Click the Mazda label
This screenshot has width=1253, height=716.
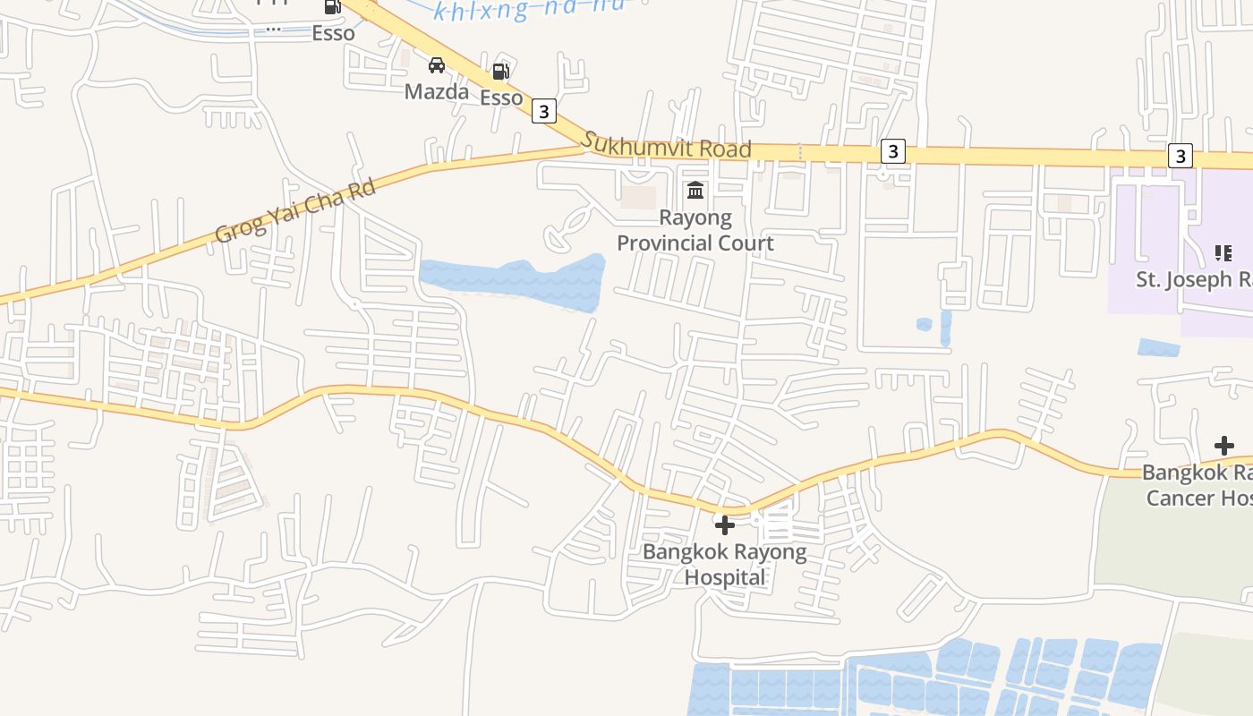coord(437,91)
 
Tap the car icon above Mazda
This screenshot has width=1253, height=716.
coord(437,65)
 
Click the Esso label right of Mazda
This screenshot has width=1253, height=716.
coord(501,98)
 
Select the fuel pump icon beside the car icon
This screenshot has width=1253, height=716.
coord(501,72)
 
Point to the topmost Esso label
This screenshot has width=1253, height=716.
coord(333,33)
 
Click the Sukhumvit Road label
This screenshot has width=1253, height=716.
coord(666,145)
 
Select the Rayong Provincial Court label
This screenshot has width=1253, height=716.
coord(695,230)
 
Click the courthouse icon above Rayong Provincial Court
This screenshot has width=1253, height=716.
coord(695,190)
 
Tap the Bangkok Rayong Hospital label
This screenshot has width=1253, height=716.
coord(725,565)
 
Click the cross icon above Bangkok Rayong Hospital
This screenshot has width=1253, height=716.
coord(725,525)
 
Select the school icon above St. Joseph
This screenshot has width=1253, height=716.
coord(1223,253)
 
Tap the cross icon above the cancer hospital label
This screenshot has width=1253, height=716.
coord(1223,446)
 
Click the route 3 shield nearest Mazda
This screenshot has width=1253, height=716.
coord(543,112)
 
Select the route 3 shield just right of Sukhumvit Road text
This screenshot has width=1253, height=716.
coord(891,151)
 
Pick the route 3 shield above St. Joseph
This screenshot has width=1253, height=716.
coord(1181,156)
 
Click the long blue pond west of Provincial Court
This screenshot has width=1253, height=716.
coord(512,282)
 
